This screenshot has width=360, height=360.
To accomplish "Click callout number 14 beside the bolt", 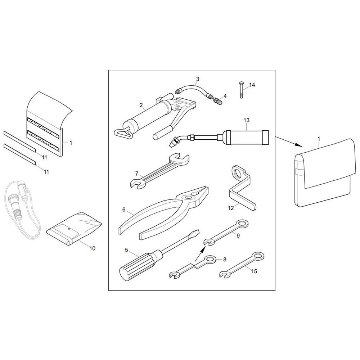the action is click(x=252, y=85).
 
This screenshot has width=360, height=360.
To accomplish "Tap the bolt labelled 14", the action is click(x=241, y=90).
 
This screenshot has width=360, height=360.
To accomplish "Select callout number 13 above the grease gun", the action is click(x=246, y=120).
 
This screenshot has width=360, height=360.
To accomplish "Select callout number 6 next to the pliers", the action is click(x=124, y=210).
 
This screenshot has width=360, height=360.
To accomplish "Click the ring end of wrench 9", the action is click(x=243, y=224).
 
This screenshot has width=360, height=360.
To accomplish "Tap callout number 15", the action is click(x=254, y=271).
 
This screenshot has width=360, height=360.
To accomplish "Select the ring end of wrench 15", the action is click(x=258, y=256).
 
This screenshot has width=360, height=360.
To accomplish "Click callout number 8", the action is click(x=225, y=260).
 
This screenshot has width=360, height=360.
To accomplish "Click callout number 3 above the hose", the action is click(x=197, y=79).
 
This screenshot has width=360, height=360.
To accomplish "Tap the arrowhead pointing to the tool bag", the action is click(x=299, y=145).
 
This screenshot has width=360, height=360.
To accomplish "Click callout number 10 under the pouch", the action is click(x=92, y=248).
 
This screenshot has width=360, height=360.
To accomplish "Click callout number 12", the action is click(x=231, y=208).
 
